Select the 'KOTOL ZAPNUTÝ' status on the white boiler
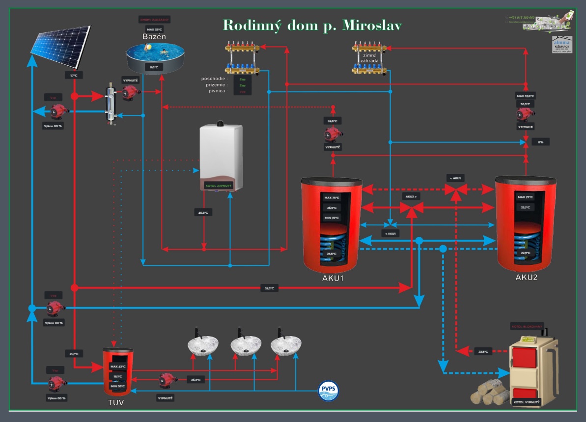pos(218,186)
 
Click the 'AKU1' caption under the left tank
pos(333,278)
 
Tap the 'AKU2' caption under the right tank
pos(526,277)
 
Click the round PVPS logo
pos(329,391)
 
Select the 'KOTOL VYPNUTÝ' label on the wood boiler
pos(526,402)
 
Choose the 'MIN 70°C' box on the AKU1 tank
pos(332,218)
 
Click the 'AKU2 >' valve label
pos(411,196)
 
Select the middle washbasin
pos(246,344)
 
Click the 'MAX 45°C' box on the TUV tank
pos(118,367)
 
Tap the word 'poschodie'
pos(214,78)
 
